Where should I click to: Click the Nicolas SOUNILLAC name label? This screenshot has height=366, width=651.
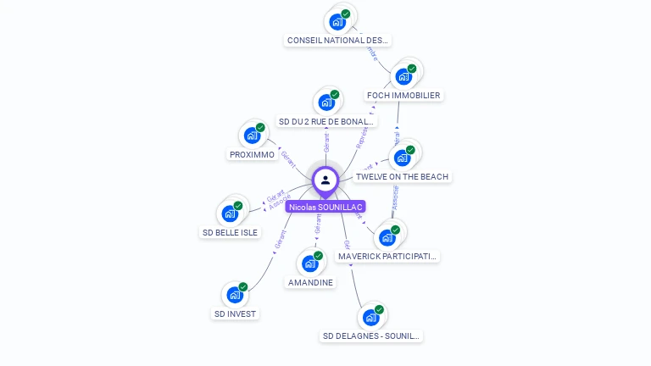[325, 207]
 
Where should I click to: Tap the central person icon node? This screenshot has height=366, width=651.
[325, 180]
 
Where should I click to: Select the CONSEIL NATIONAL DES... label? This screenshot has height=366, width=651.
[338, 40]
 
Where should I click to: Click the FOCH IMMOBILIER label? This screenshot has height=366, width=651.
[403, 96]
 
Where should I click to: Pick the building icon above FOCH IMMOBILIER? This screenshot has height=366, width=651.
[403, 76]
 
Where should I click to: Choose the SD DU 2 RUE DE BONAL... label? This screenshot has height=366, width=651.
[326, 122]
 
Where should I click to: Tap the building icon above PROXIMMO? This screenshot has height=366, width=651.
[252, 135]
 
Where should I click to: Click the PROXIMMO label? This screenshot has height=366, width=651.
[252, 155]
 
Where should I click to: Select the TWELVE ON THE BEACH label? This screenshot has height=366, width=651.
[403, 177]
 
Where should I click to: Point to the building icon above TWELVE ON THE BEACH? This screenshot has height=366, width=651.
[402, 158]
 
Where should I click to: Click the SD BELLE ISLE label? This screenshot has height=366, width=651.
[230, 232]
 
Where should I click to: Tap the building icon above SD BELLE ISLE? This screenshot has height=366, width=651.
[230, 213]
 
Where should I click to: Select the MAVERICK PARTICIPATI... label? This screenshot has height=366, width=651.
[387, 256]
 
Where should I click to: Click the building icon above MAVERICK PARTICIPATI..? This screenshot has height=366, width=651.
[387, 237]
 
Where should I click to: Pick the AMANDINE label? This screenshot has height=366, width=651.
[310, 282]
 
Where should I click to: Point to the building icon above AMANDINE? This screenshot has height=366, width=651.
[310, 263]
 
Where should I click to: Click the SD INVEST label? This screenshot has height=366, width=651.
[235, 313]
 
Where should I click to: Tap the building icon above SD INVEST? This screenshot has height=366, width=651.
[235, 295]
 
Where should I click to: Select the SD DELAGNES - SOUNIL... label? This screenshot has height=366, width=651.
[370, 336]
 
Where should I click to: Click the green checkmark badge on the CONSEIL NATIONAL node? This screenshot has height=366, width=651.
[346, 14]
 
